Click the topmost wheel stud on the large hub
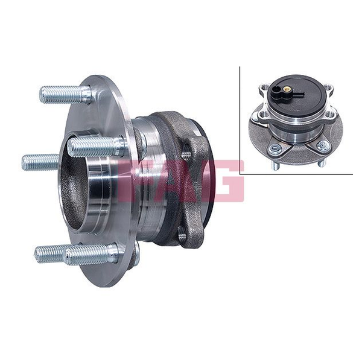click(66, 95)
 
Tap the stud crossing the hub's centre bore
click(97, 147)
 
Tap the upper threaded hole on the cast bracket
click(186, 154)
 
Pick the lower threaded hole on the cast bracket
click(182, 233)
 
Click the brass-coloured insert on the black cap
click(287, 88)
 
